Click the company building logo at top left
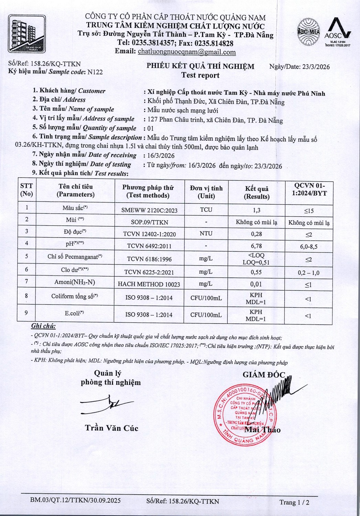[27, 34]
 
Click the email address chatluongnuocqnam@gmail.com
[187, 52]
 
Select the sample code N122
[95, 72]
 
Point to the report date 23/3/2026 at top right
[316, 67]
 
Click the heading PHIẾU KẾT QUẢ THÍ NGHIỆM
[200, 66]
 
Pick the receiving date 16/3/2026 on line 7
[161, 156]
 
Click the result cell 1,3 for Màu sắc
[257, 210]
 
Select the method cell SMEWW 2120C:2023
[149, 210]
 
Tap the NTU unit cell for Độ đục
[206, 234]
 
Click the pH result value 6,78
[257, 246]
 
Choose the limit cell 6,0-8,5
[308, 247]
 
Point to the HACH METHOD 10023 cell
[149, 284]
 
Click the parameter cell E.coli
[75, 313]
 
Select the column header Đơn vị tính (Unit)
[206, 192]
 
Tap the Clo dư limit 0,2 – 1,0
[308, 273]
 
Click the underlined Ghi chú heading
[43, 326]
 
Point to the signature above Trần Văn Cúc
[107, 405]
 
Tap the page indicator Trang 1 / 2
[294, 502]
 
